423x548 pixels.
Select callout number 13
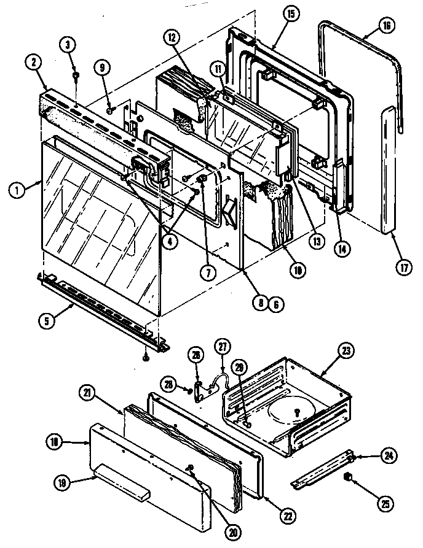click(x=316, y=242)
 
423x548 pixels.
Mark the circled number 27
click(x=222, y=347)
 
